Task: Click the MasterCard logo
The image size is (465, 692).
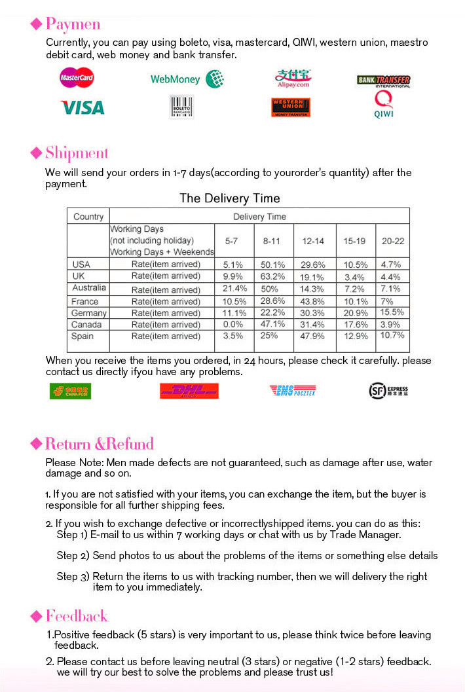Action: click(77, 79)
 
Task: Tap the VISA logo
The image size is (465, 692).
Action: click(83, 107)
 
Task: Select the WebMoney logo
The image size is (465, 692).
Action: click(187, 79)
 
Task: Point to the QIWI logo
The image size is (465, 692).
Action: click(384, 105)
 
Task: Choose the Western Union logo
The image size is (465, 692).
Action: click(290, 107)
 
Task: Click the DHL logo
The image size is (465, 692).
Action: click(189, 391)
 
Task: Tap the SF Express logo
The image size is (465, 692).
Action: click(388, 391)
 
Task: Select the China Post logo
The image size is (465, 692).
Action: click(70, 391)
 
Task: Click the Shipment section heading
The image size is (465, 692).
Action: click(77, 153)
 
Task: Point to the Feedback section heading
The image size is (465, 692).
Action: click(76, 616)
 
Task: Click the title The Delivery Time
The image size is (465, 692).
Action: click(229, 198)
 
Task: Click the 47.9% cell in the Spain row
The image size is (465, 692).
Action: click(313, 337)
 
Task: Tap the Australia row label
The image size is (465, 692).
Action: click(89, 288)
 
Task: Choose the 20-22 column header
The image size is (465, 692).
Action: click(392, 241)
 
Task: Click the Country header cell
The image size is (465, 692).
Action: click(88, 217)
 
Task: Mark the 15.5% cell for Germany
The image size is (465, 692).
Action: click(392, 312)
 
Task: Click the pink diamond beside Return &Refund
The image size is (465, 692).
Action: click(37, 444)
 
